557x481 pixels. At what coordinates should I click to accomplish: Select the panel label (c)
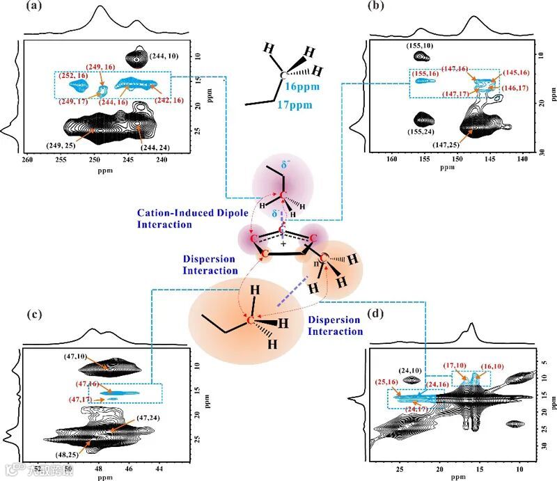(13, 314)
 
